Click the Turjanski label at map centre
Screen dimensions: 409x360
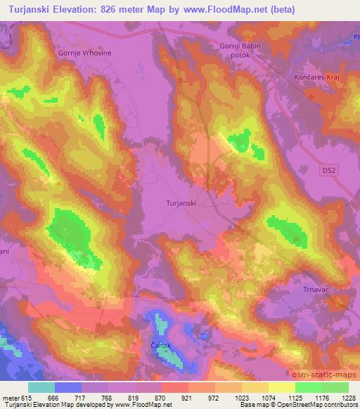click(x=180, y=202)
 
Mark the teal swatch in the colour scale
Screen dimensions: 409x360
click(x=41, y=387)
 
